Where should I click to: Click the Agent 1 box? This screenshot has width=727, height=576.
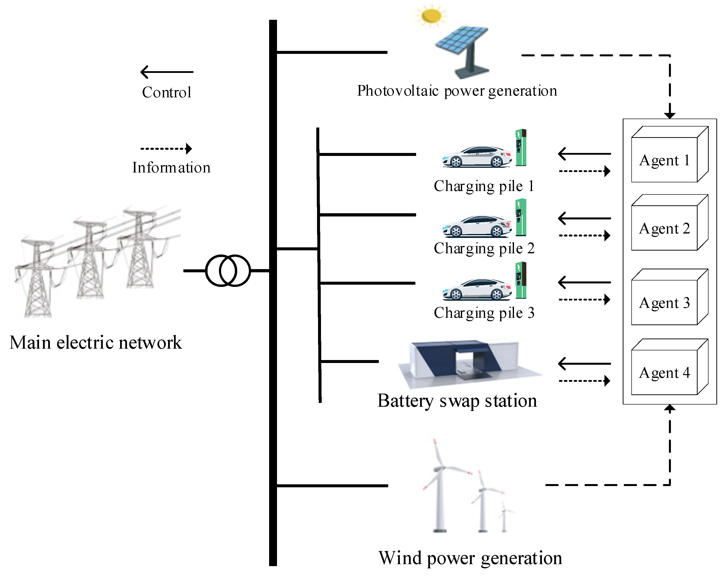point(664,160)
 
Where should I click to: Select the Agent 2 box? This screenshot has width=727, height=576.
point(664,228)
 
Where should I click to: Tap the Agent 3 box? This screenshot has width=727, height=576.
point(664,302)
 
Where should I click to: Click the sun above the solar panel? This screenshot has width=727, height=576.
point(431,16)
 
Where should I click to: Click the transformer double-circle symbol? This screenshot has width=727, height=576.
point(228,271)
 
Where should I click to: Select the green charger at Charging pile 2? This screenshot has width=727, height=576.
point(521,217)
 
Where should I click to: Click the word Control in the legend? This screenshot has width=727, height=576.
point(167,92)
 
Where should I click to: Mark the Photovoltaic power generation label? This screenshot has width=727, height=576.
point(457,91)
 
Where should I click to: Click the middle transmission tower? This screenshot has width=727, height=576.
point(90,260)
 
